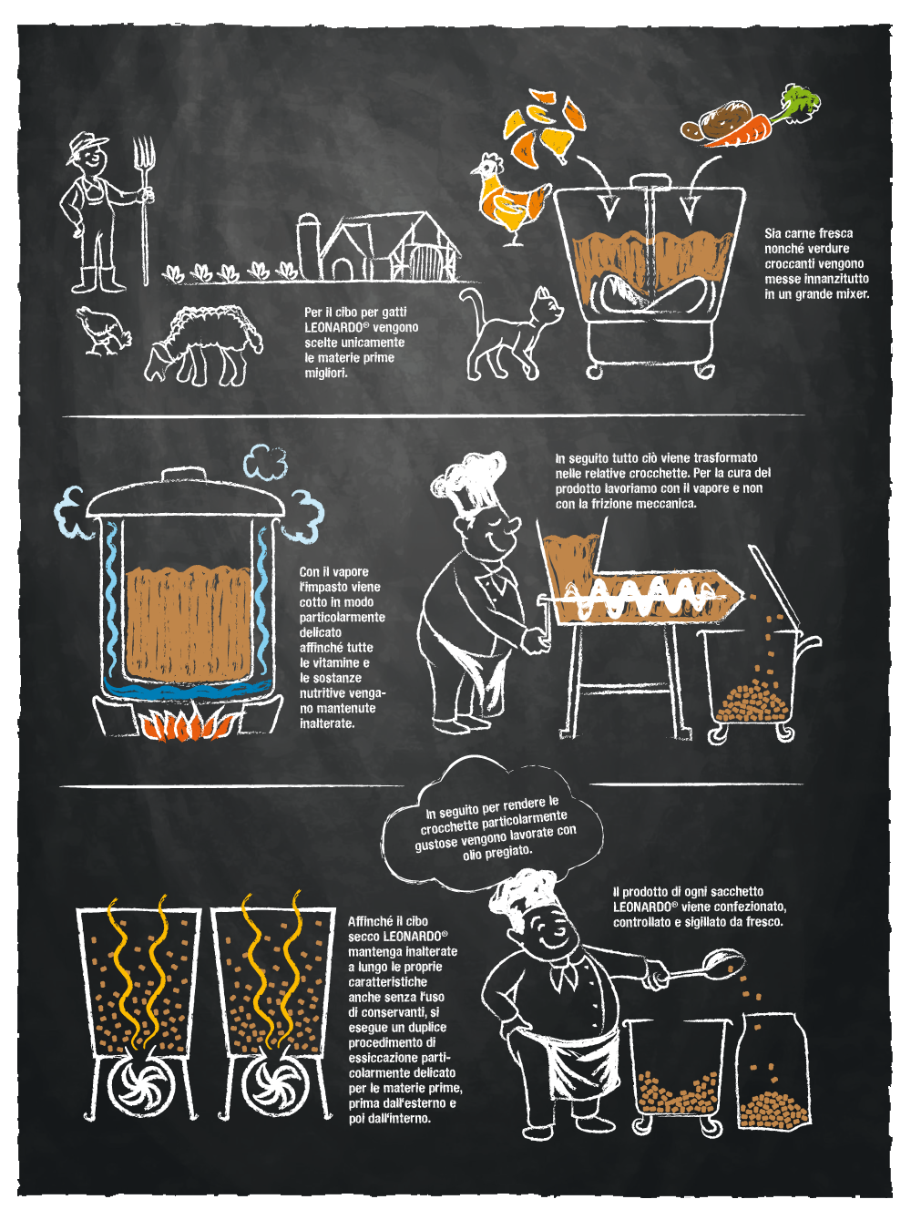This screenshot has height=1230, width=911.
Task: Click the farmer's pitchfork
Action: tap(144, 210)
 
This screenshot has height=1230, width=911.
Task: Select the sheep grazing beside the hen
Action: tap(203, 344)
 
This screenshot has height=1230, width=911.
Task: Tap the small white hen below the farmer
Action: tap(103, 331)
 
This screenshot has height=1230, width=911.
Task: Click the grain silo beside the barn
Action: tap(308, 246)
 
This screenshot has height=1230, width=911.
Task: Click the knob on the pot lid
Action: tap(183, 475)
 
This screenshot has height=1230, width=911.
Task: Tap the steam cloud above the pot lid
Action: tap(266, 461)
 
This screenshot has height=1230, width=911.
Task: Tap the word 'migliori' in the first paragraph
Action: tap(326, 374)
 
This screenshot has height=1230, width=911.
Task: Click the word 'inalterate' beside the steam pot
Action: tap(327, 723)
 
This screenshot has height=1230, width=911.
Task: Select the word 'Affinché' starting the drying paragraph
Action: tap(369, 921)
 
